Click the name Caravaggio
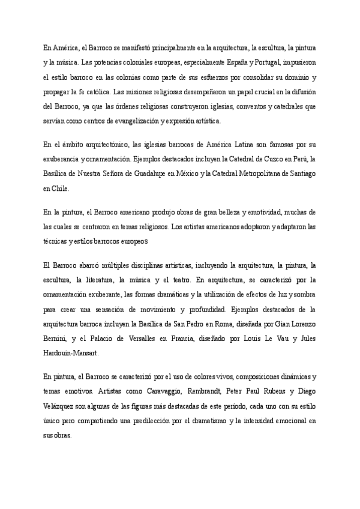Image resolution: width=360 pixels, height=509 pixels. tap(130, 391)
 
